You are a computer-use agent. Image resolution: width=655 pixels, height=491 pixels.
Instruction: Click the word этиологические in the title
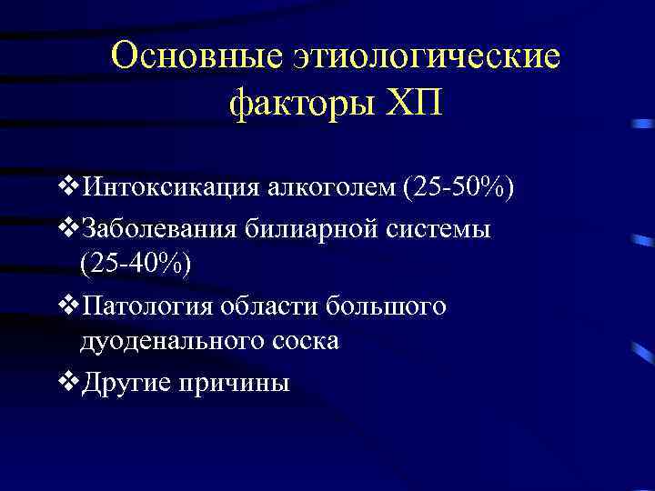point(427,56)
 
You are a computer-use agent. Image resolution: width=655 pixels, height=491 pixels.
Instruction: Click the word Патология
point(148,305)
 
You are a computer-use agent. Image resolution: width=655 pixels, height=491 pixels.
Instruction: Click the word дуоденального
point(171,341)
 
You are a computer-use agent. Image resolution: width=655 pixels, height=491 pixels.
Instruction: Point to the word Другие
point(126,383)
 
